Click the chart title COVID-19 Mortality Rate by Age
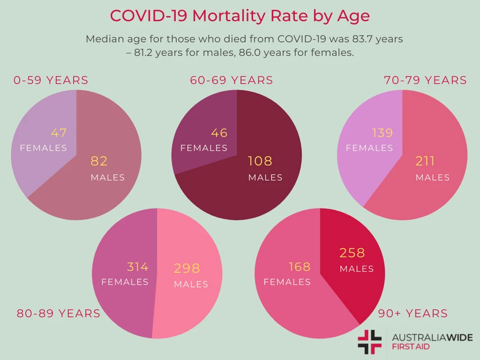point(240,15)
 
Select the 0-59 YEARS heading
point(51,80)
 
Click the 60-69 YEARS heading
point(232,80)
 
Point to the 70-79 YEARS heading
point(425,80)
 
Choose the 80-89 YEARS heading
point(58,313)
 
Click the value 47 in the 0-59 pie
point(59,133)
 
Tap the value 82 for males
point(99,162)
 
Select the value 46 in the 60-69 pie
point(219,133)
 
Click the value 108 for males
point(260,162)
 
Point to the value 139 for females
point(382,133)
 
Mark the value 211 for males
point(425,162)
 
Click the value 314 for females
point(138,267)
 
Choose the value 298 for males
point(187,268)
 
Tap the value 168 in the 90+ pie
point(300,267)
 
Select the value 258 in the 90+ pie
point(352,253)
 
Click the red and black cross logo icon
point(369,341)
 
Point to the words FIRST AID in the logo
point(411,347)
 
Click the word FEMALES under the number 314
point(125,282)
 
